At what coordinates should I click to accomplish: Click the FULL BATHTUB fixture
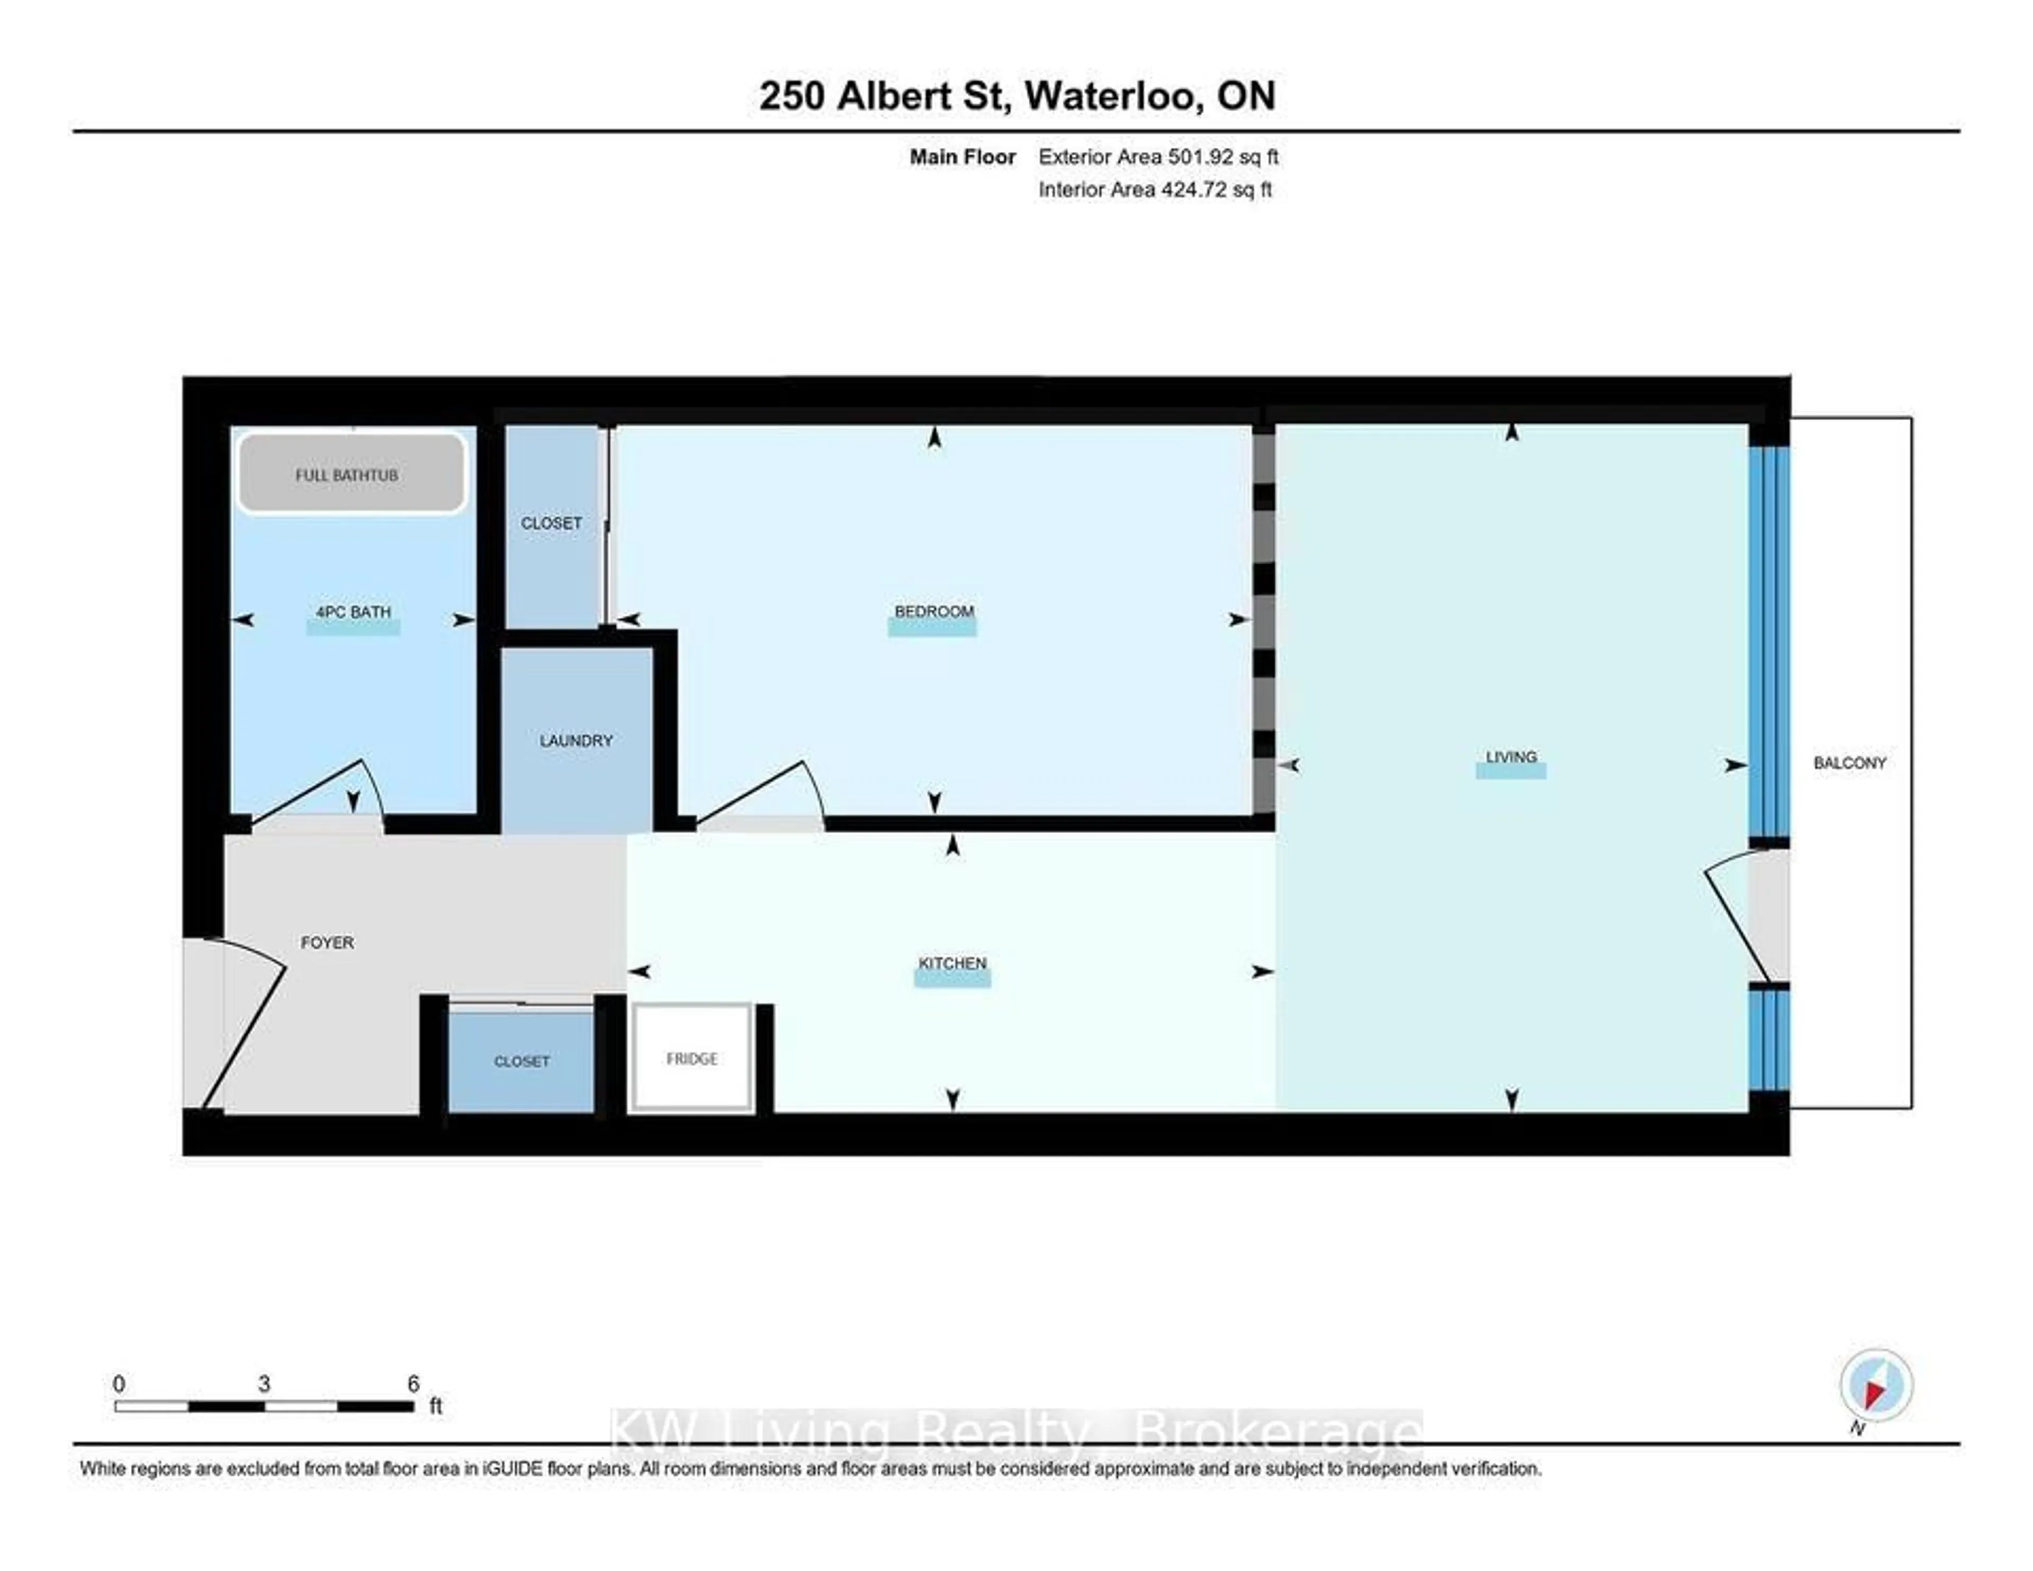coord(351,474)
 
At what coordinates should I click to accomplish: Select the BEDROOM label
coord(934,611)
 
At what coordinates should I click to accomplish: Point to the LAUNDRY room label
coord(576,741)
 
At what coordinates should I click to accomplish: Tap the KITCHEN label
coord(952,963)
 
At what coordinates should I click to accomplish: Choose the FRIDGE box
coord(691,1058)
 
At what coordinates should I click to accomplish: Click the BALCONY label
coord(1850,763)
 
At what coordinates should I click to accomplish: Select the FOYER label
coord(327,943)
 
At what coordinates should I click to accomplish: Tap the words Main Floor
coord(962,157)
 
